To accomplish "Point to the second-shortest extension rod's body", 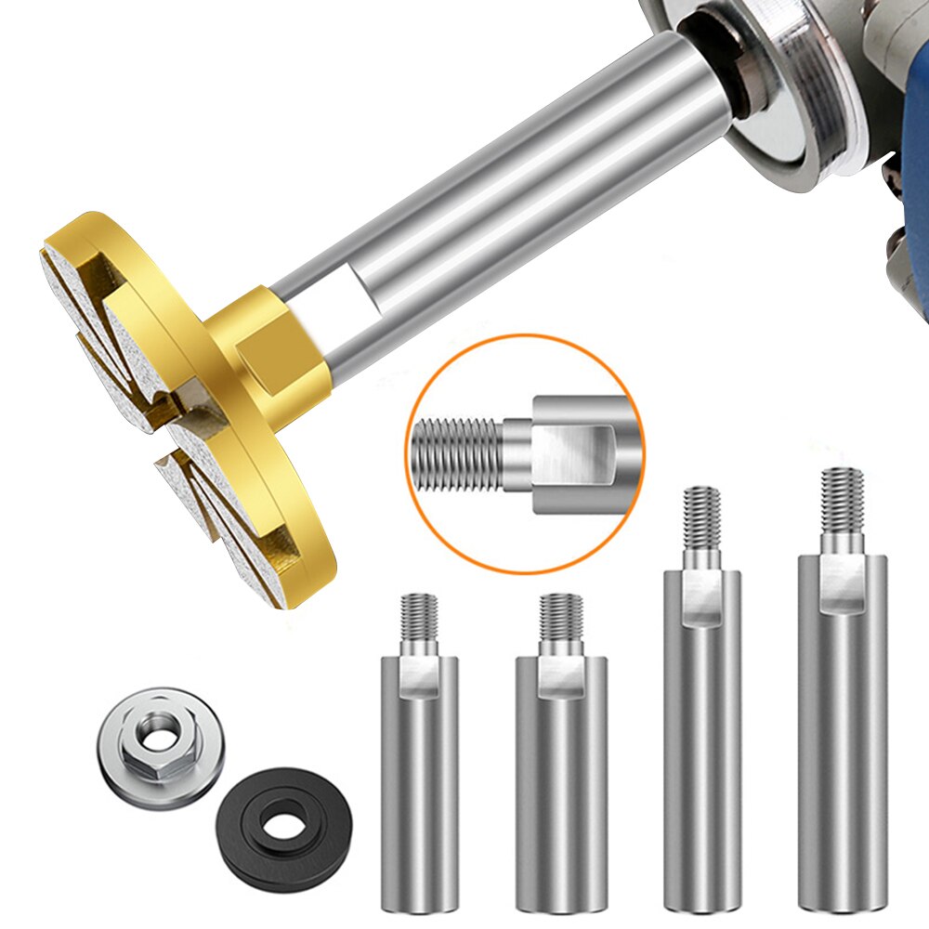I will [x=561, y=780].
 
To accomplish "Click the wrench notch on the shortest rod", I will [x=420, y=676].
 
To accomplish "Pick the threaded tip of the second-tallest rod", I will [x=701, y=517].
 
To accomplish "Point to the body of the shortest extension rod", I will [x=419, y=790].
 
